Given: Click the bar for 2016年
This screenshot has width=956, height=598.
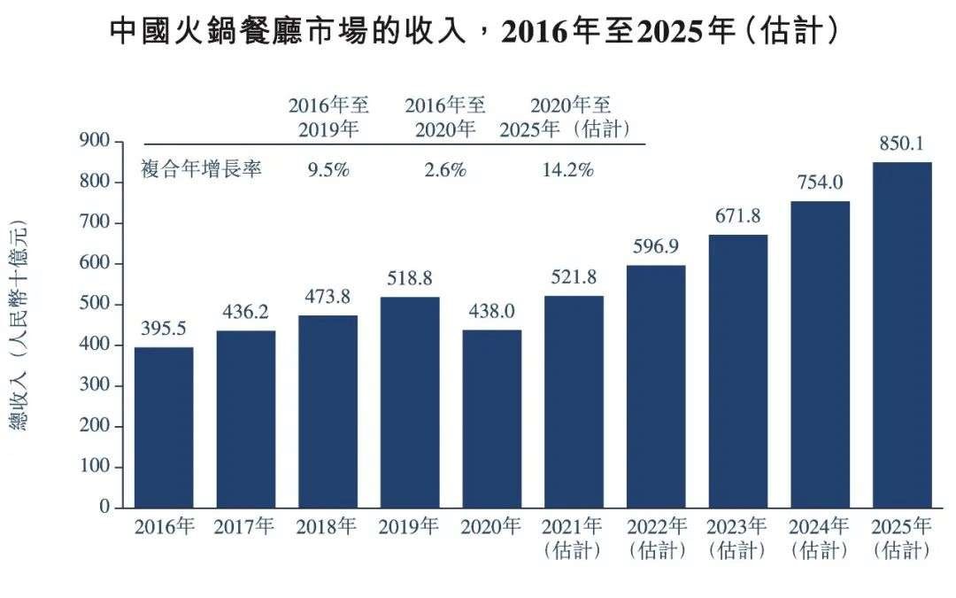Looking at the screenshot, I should (x=164, y=427).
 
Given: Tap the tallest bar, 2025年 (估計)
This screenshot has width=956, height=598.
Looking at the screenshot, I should (x=902, y=335).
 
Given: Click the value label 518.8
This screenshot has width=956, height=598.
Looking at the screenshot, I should (x=409, y=279).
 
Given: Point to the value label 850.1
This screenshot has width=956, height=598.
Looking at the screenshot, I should (x=902, y=144).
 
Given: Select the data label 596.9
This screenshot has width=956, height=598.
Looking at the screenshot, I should (x=656, y=247).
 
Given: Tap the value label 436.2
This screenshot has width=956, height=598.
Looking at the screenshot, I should (x=245, y=313).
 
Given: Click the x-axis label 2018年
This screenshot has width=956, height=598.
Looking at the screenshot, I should (x=327, y=527).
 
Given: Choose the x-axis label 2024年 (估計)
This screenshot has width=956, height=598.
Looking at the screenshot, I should (x=820, y=538).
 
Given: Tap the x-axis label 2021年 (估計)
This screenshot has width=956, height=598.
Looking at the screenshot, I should (x=574, y=538).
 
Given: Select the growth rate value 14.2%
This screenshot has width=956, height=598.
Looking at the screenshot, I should (x=567, y=170).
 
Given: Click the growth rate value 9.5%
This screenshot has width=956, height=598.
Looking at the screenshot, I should (x=328, y=170).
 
